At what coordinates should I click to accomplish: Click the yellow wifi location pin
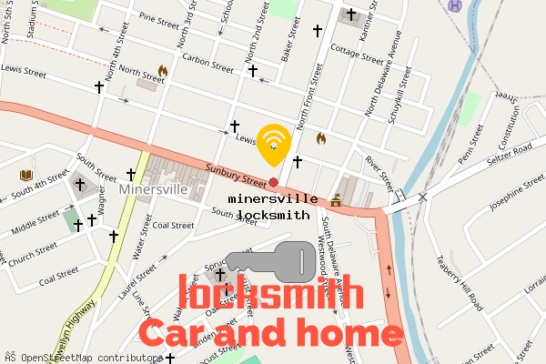point(274,142)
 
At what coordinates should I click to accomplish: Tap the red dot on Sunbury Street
point(273,183)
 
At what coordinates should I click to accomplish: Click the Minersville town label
point(153,189)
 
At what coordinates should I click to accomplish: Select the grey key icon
point(270,261)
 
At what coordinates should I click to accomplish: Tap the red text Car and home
point(269,332)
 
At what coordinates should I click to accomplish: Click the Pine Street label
point(160,19)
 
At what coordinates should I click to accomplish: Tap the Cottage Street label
point(357,55)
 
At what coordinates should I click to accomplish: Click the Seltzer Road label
point(511,156)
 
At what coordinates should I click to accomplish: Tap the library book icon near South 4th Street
point(26,175)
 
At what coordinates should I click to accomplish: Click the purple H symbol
point(456,5)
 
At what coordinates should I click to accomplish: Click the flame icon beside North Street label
point(163,70)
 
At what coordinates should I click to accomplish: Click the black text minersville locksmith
point(273,207)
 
